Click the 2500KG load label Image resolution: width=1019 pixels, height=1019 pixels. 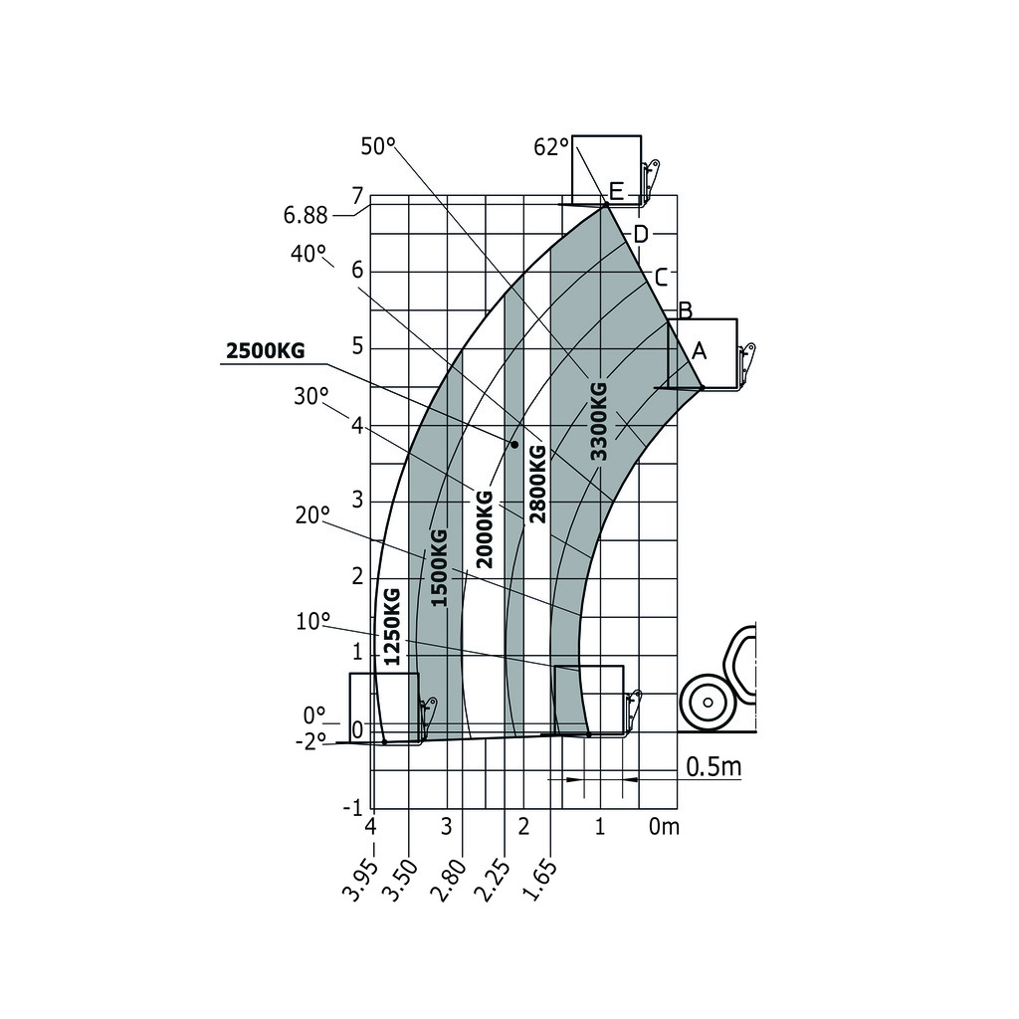click(x=265, y=351)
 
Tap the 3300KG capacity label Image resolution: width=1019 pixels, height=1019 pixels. click(x=597, y=421)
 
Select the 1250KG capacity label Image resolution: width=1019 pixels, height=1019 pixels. click(x=392, y=626)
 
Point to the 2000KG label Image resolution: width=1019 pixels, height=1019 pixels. click(x=485, y=529)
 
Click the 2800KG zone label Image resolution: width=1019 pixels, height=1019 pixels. click(x=537, y=484)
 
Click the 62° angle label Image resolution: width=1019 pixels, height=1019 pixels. click(x=551, y=147)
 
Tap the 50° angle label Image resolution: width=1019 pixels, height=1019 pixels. click(x=378, y=146)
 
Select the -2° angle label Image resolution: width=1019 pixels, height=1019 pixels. click(x=309, y=741)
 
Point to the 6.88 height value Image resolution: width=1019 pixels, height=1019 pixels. click(x=306, y=215)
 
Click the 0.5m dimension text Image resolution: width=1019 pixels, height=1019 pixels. click(x=713, y=767)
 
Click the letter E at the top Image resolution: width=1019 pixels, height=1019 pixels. click(x=616, y=191)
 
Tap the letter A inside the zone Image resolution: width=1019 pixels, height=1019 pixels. click(x=699, y=350)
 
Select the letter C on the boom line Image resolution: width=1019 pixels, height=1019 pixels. click(x=660, y=276)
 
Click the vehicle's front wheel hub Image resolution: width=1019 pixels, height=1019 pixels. click(x=708, y=703)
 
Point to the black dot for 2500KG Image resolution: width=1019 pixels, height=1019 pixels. click(x=514, y=444)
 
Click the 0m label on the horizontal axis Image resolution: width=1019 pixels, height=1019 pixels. click(x=664, y=826)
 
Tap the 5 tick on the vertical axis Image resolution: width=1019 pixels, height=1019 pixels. click(x=358, y=348)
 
